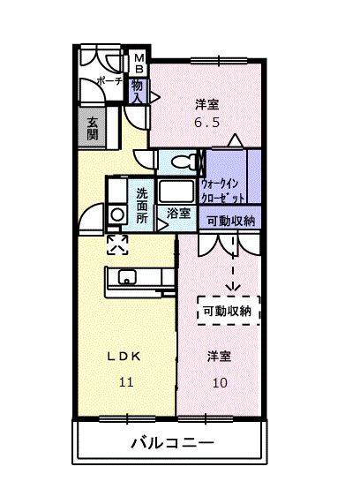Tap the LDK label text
124,357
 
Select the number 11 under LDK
125,381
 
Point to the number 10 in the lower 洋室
220,381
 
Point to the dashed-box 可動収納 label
228,310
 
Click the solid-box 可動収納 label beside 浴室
228,221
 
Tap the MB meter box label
139,67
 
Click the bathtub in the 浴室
177,192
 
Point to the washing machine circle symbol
116,214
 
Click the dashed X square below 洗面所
116,243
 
